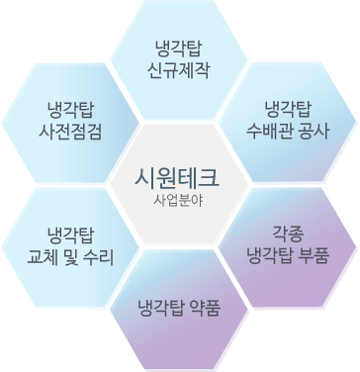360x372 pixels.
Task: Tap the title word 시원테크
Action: [178, 178]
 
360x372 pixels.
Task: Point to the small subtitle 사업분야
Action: [178, 198]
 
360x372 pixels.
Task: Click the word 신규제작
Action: [178, 69]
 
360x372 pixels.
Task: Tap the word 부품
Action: [314, 254]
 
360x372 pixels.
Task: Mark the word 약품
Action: [203, 302]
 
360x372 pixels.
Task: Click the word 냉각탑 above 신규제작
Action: [178, 47]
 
